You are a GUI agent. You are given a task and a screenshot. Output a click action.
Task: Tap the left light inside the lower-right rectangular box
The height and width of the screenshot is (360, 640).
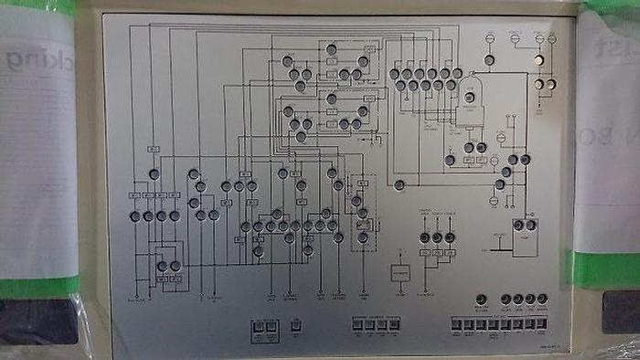(518, 225)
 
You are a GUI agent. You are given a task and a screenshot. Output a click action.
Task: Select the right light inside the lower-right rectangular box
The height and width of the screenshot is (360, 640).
(530, 225)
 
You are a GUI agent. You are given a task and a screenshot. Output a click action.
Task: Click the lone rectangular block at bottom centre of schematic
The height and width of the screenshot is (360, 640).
(400, 273)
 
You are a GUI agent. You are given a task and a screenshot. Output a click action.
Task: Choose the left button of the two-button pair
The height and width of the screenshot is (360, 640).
(258, 325)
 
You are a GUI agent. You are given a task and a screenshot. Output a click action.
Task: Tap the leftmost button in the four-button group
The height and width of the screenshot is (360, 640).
(357, 323)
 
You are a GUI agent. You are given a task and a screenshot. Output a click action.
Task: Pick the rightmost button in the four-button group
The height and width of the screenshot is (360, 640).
(394, 323)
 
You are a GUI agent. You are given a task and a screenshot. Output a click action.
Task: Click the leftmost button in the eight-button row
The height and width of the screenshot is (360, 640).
(454, 323)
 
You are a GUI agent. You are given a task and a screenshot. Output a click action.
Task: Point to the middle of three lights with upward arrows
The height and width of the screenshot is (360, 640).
(437, 238)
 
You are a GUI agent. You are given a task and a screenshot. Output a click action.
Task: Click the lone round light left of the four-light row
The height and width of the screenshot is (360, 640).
(482, 299)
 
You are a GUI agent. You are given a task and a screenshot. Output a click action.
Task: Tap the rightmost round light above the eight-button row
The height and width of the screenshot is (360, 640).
(542, 299)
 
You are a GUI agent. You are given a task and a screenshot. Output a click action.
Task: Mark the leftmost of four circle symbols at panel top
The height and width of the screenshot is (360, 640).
(490, 38)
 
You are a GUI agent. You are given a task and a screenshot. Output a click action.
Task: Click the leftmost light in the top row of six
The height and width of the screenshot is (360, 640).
(395, 73)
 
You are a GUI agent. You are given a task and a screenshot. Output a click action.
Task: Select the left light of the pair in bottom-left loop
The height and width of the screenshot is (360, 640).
(162, 266)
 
